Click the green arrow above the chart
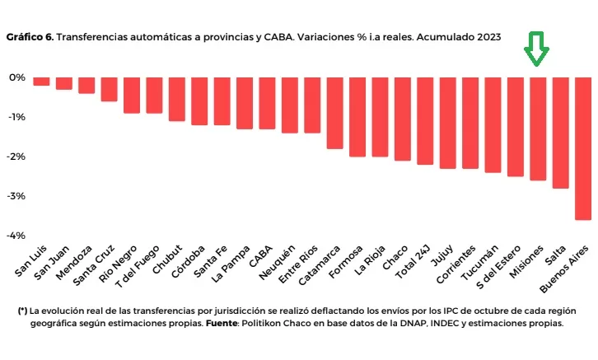(x=537, y=49)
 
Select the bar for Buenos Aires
(x=582, y=148)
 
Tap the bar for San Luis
(x=41, y=81)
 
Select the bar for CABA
(x=267, y=103)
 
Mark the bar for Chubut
(x=176, y=99)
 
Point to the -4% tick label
(x=15, y=236)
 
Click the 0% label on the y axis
(x=17, y=77)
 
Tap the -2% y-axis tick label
(x=15, y=157)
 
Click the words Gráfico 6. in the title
(x=30, y=36)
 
